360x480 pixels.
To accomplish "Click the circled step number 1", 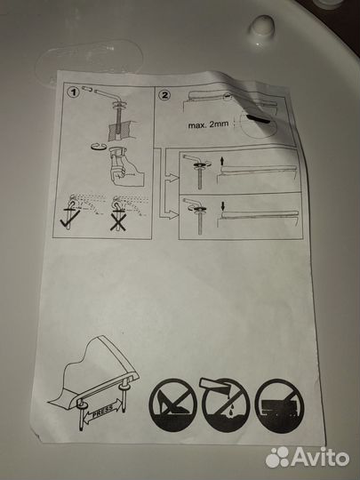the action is tap(74, 92).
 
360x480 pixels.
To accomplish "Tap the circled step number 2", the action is tap(164, 95).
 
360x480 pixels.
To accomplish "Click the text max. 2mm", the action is tap(208, 124).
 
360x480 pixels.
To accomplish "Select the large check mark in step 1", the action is tap(70, 219).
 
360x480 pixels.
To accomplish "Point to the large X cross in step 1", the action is tap(118, 221).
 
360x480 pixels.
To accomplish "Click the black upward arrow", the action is tap(222, 161).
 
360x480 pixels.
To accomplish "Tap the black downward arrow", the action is tap(223, 206).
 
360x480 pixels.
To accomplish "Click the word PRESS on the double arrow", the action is tap(102, 411).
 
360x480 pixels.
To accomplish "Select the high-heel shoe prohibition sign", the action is tap(172, 404).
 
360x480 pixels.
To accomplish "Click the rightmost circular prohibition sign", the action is tap(279, 405).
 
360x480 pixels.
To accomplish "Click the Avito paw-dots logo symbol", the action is tap(277, 458).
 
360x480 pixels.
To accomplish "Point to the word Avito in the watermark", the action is tap(320, 458).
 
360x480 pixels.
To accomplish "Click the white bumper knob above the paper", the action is tap(261, 27).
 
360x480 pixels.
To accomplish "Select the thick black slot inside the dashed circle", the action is tap(259, 119).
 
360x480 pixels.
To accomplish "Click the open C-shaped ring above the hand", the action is tap(99, 147).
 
